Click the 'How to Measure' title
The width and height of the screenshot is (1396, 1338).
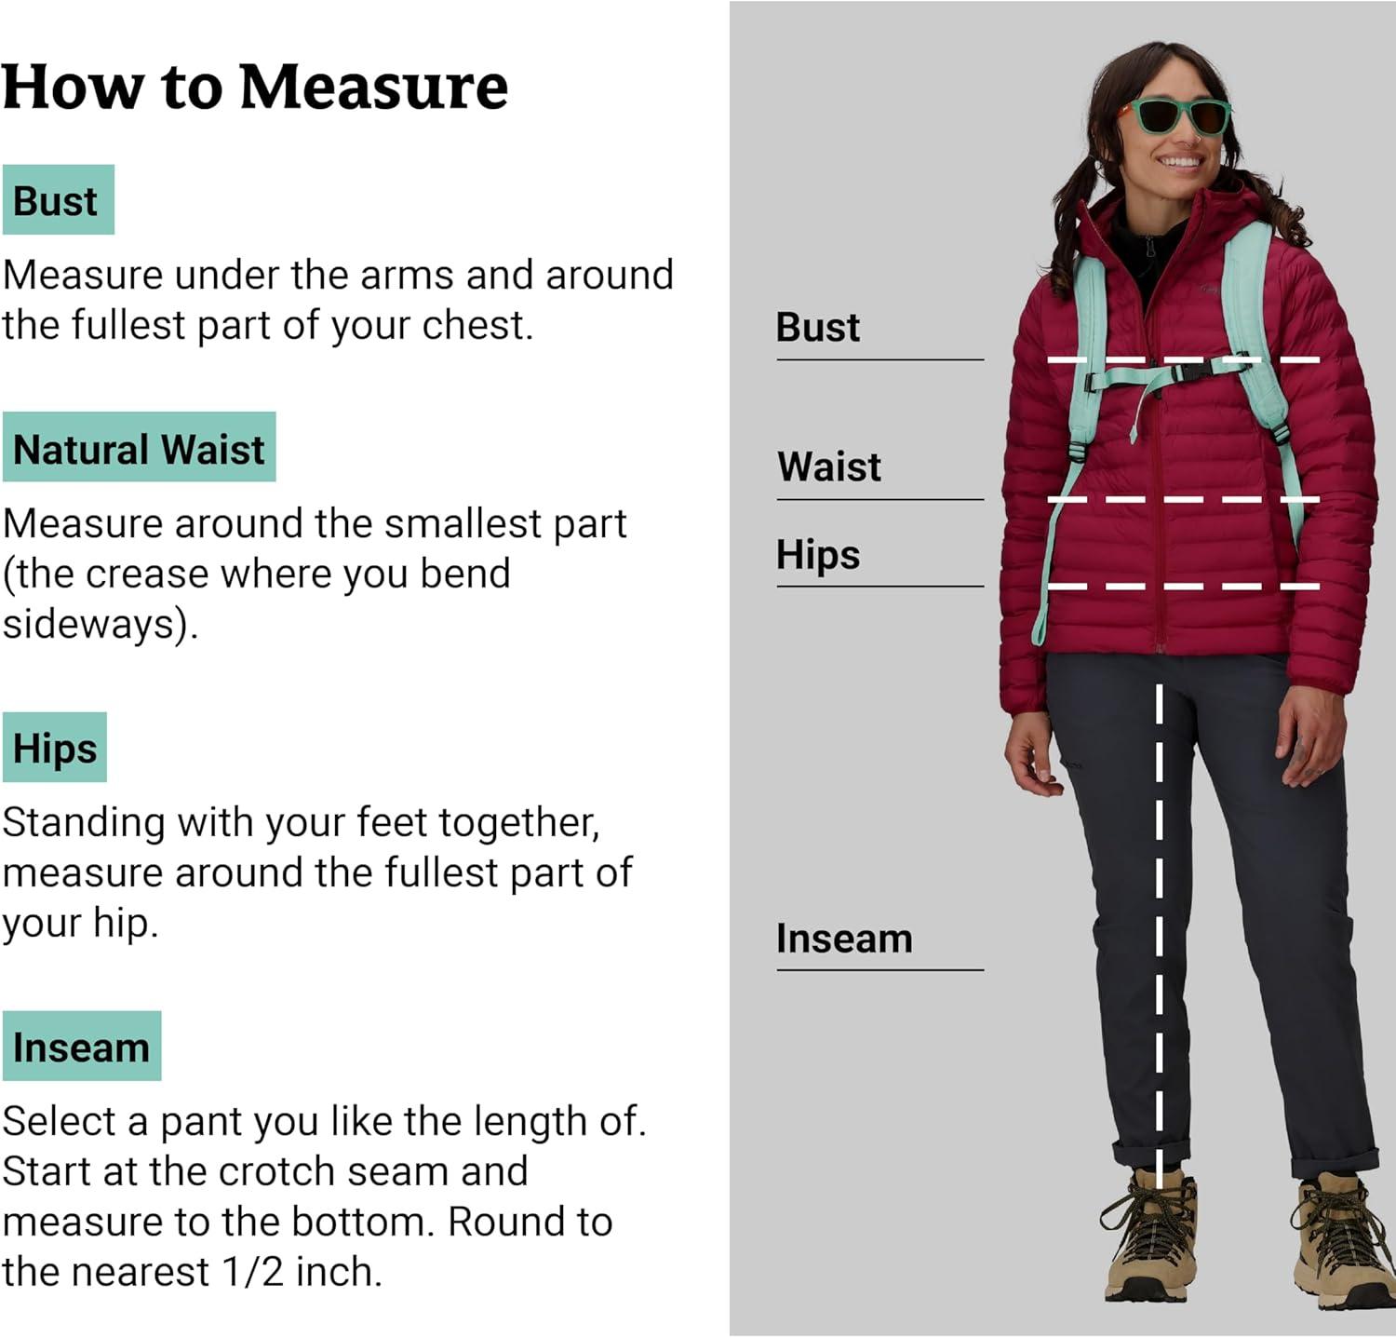(x=255, y=87)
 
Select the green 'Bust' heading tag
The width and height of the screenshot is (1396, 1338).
(x=58, y=199)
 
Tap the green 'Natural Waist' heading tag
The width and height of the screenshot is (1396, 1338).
(x=139, y=447)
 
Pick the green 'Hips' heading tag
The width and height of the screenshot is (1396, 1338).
(x=55, y=748)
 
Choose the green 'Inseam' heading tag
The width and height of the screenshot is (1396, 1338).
(x=82, y=1046)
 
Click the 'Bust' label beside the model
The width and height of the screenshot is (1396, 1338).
(x=818, y=328)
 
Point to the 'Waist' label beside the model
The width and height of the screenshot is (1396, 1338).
(x=829, y=466)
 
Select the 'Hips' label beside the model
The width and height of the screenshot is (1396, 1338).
(x=818, y=555)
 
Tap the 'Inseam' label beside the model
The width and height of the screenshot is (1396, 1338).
(x=844, y=939)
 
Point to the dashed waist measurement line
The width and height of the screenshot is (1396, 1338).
(x=1184, y=500)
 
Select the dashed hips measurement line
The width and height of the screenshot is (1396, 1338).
(x=1184, y=587)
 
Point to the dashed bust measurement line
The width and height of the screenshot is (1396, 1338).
(x=1184, y=359)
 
